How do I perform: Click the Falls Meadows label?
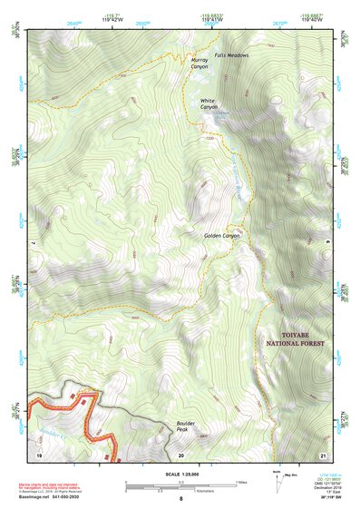click(x=231, y=54)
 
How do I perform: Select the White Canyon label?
click(x=209, y=103)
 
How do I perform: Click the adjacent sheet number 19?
click(x=39, y=453)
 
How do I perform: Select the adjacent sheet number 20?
click(x=181, y=453)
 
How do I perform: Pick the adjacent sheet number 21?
click(x=322, y=453)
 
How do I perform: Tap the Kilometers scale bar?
click(x=180, y=488)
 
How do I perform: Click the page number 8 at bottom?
click(x=180, y=499)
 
